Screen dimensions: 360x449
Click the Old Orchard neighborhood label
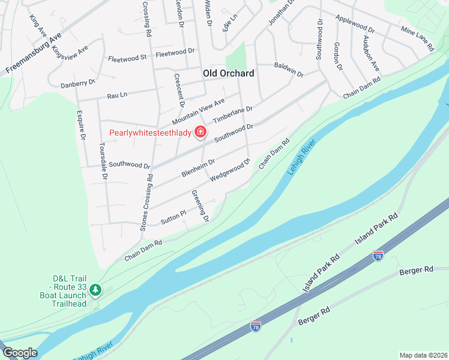(x=228, y=73)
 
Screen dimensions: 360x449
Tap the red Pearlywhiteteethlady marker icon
(x=200, y=133)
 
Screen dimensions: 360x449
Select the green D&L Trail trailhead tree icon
(x=95, y=290)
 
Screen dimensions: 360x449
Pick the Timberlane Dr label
(x=233, y=116)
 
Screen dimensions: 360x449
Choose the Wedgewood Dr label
(x=229, y=170)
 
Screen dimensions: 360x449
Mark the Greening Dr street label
(x=200, y=206)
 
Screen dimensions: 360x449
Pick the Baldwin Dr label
(x=289, y=69)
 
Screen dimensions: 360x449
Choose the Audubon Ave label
(x=371, y=53)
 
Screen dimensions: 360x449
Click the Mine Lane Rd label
(x=417, y=38)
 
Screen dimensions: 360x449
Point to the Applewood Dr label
(x=355, y=24)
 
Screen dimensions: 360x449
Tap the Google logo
(x=20, y=353)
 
